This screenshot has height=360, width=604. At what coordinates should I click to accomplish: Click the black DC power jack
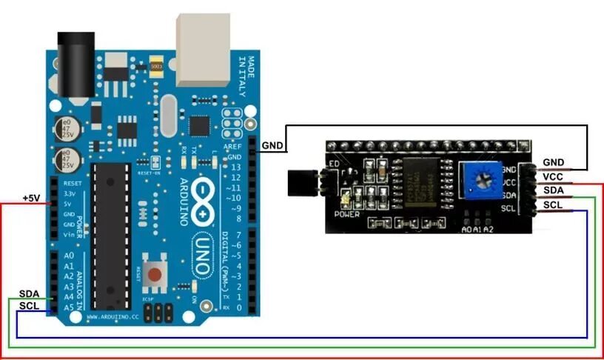click(76, 63)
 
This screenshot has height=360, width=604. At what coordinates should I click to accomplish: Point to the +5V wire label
click(31, 199)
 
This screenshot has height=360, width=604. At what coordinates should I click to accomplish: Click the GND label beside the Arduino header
click(272, 146)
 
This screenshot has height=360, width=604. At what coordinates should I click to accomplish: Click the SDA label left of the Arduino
click(29, 294)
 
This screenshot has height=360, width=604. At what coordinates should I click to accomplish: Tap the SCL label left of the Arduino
click(29, 305)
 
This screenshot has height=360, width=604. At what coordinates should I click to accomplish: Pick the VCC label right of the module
click(553, 176)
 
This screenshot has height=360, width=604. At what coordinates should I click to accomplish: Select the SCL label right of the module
click(553, 204)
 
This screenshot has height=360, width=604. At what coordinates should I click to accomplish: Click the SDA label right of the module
click(553, 190)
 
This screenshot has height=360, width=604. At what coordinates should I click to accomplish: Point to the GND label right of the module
click(553, 162)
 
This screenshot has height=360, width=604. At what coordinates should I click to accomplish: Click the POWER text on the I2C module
click(346, 215)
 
